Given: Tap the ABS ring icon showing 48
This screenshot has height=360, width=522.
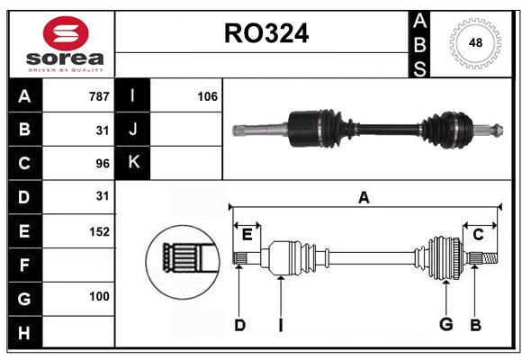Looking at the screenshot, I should click(475, 43).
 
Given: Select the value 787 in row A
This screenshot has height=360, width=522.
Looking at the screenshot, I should click(98, 96).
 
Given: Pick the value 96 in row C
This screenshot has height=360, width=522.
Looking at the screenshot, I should click(102, 163).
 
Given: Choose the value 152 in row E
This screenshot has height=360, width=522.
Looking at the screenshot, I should click(99, 231).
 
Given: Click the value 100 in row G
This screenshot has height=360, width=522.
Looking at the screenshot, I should click(99, 296).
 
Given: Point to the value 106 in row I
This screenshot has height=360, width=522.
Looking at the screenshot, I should click(207, 96).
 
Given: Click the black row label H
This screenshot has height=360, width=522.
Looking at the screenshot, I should click(24, 334).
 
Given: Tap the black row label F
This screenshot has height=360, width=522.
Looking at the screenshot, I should click(24, 265).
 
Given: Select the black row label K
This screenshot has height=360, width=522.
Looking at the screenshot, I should click(133, 163).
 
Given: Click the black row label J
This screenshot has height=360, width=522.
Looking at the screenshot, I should click(133, 130).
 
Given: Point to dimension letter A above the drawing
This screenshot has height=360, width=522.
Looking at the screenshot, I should click(364, 197).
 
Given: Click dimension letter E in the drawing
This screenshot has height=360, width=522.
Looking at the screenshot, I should click(247, 234).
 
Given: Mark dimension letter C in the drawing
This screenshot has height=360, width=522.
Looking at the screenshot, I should click(478, 234).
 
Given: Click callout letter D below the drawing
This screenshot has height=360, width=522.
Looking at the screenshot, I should click(239, 325).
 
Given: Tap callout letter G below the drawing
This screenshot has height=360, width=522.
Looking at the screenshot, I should click(445, 325).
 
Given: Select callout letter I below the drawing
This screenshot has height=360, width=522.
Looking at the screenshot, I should click(280, 325).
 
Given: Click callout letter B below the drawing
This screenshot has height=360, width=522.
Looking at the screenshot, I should click(476, 325).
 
